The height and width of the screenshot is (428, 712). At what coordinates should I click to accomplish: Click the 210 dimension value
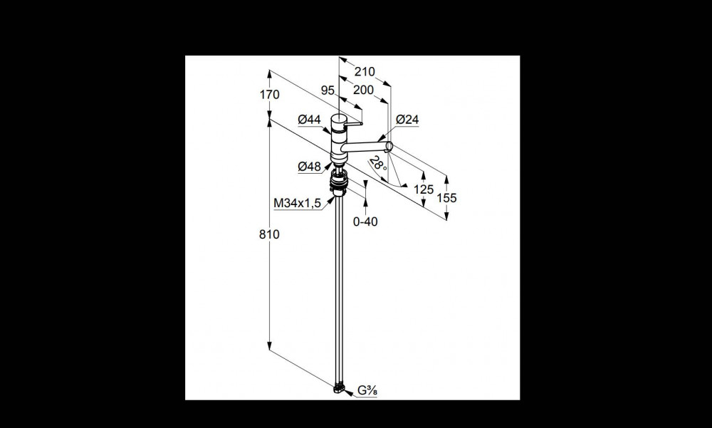coord(365,71)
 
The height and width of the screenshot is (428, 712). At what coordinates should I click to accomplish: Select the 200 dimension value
coord(363,90)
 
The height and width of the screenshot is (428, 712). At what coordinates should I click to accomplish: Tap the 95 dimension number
coord(328,90)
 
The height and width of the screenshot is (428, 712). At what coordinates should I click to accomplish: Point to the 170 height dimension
coord(270,95)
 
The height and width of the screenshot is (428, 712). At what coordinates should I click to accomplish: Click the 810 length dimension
coord(269,234)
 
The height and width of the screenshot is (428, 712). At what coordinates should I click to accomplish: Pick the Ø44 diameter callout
coord(309,120)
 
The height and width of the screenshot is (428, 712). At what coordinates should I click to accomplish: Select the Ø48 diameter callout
coord(309,167)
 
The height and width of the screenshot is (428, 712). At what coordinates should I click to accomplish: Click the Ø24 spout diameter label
coord(407,120)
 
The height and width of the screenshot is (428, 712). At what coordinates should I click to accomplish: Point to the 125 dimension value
coord(424,189)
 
